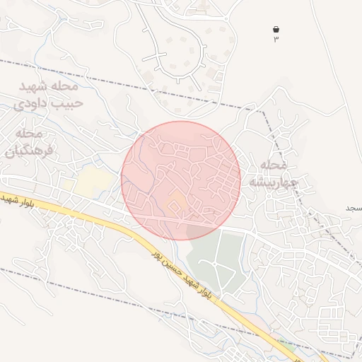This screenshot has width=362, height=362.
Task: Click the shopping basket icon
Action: coord(276,29)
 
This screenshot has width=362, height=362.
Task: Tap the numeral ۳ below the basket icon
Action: coord(276,39)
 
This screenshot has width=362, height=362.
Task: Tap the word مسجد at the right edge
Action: coord(353,209)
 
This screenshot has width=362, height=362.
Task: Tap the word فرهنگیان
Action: coord(25,150)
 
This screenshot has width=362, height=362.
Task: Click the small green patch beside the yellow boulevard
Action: coord(286,346)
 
